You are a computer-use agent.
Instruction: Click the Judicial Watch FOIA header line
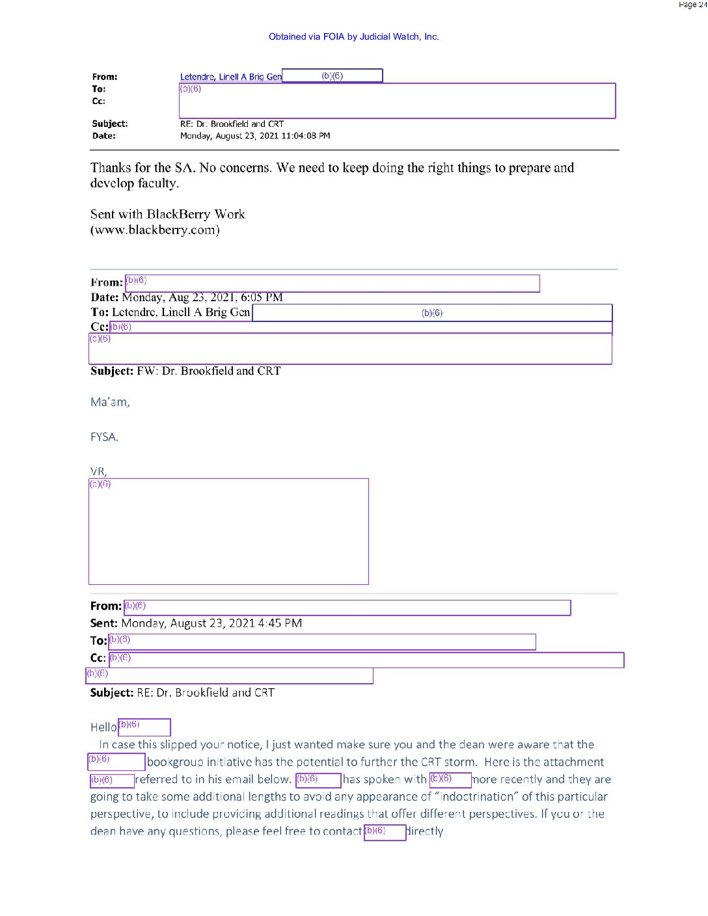pos(353,37)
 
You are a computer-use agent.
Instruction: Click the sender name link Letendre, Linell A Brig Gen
pos(230,77)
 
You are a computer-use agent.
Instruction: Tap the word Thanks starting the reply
pos(111,168)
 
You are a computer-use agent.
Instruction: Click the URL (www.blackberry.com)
pos(155,230)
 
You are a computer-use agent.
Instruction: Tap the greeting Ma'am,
pos(110,402)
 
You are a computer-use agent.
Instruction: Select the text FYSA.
pos(104,437)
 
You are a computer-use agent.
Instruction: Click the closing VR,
pos(98,471)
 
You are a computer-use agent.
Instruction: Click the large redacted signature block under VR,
pos(228,532)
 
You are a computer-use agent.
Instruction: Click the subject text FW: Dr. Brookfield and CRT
pos(208,371)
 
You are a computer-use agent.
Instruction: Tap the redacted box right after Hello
pos(144,727)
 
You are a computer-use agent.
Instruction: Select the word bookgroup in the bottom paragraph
pos(174,762)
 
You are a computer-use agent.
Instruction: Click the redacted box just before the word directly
pos(385,832)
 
